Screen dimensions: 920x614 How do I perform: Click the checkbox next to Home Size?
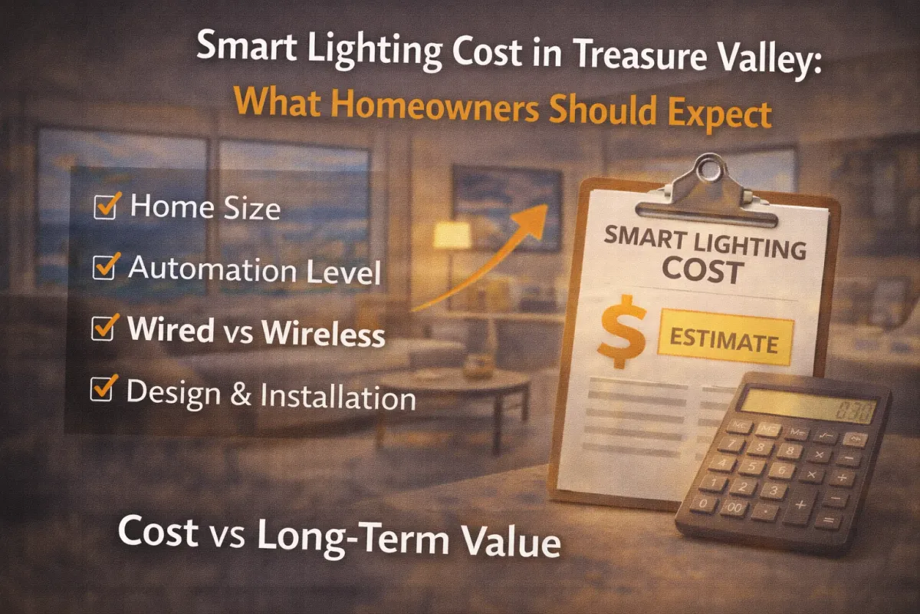[105, 207]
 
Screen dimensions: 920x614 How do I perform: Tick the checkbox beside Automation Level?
[104, 267]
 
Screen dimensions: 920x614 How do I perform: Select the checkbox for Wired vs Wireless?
[103, 328]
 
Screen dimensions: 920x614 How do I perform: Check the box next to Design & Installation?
[101, 388]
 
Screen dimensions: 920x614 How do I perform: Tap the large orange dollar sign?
[622, 332]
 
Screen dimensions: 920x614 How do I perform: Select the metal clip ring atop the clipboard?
[709, 169]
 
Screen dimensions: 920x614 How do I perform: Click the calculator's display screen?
[808, 405]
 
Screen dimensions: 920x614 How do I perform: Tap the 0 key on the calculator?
[703, 503]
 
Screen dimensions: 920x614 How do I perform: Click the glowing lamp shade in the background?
[452, 235]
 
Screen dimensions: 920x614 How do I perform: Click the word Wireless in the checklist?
[324, 332]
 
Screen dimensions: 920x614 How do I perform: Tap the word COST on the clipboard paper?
[703, 272]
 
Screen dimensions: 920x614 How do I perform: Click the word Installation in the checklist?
[338, 396]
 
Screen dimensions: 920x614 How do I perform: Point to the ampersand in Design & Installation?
[240, 393]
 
